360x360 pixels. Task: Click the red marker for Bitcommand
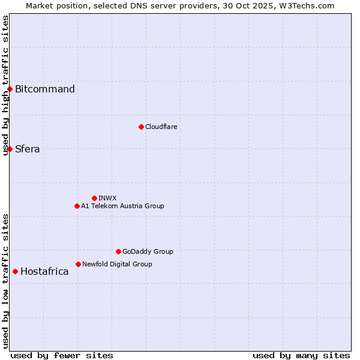[x=10, y=89]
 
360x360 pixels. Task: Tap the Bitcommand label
[x=45, y=89]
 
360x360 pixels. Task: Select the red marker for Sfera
[x=10, y=149]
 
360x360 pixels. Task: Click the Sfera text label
[x=28, y=149]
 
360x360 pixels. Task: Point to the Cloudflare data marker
[x=141, y=127]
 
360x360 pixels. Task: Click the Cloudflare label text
[x=161, y=127]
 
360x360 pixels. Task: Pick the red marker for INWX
[x=94, y=198]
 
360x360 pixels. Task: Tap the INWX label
[x=107, y=198]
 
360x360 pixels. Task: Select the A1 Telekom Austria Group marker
[x=77, y=206]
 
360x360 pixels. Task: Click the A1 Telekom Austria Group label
[x=122, y=206]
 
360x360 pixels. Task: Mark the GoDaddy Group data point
[x=118, y=251]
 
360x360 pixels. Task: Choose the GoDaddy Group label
[x=148, y=251]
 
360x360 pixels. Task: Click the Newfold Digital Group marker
[x=78, y=264]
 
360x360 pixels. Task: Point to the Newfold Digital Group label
[x=117, y=264]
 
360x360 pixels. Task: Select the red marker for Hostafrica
[x=15, y=271]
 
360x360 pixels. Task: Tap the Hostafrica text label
[x=44, y=272]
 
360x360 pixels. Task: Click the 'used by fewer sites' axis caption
[x=62, y=355]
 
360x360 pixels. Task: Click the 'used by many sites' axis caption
[x=301, y=355]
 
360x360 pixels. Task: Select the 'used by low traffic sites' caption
[x=5, y=281]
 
